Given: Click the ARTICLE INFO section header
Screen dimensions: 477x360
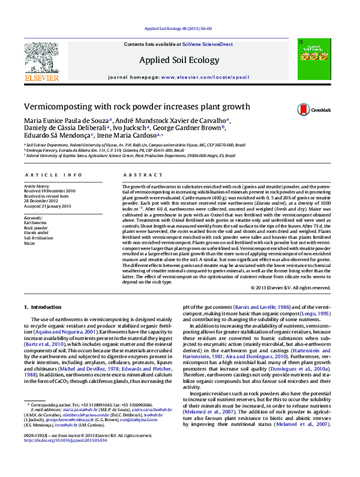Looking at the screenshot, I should [53, 175].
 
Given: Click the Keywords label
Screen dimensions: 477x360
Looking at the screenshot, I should [35, 217].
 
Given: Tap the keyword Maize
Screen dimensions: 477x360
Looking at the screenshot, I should [31, 243].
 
